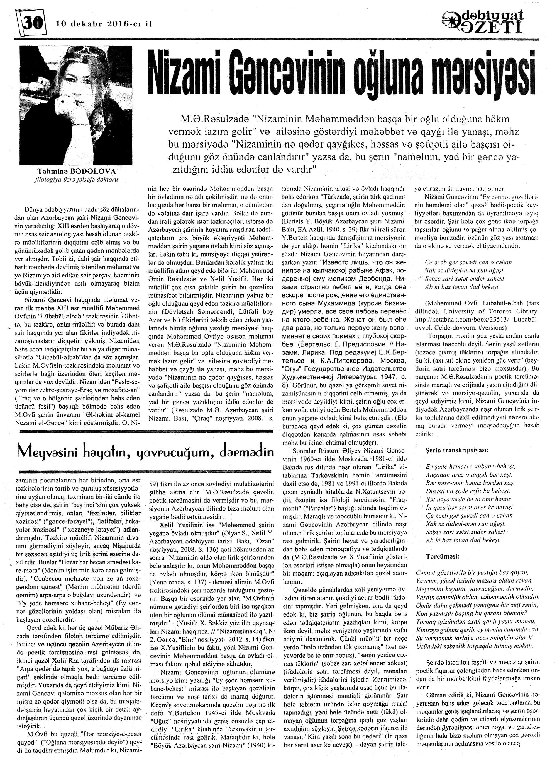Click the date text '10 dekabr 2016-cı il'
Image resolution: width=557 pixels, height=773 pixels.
pos(104,24)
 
